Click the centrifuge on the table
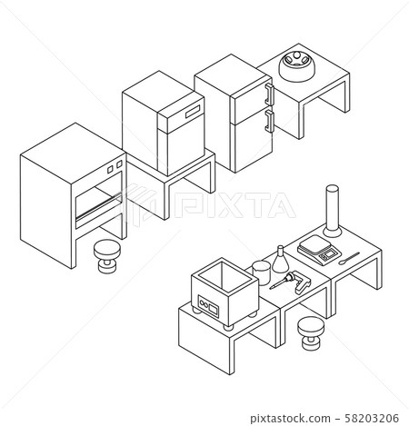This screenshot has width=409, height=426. point(296,66)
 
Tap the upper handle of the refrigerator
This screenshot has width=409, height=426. point(269,94)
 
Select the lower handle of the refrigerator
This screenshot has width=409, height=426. point(269,121)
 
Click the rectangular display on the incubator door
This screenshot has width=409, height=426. point(193,112)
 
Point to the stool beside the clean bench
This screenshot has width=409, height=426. point(107,256)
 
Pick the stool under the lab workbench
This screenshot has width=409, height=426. point(311,333)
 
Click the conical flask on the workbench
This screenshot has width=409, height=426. point(280,260)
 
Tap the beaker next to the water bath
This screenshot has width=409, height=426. point(261,272)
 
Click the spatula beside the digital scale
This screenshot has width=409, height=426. point(349,258)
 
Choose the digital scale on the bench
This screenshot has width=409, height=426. point(319,250)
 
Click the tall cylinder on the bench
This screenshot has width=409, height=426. point(332,211)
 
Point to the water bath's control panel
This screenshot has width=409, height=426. point(208,306)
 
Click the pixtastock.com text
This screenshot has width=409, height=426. point(290,419)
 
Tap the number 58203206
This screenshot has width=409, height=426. point(372,418)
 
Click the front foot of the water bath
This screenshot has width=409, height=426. point(229,327)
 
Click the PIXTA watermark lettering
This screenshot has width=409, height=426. point(234,205)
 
